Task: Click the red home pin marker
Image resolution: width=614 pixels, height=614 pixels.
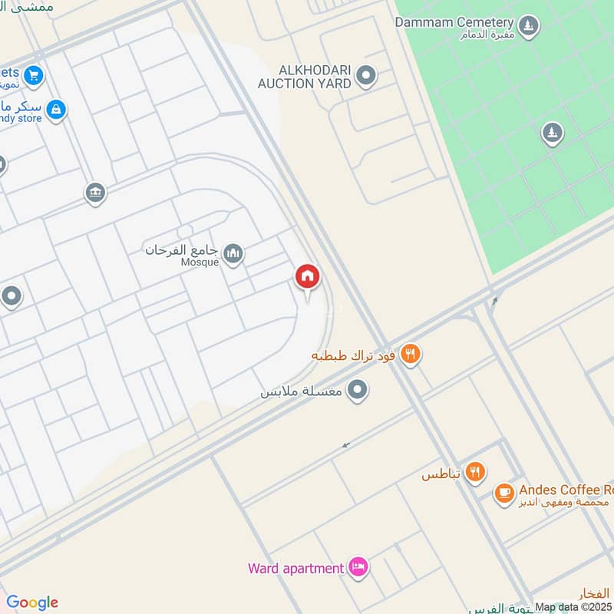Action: point(308,277)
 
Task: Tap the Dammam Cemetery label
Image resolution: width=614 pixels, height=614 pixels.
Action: point(453,22)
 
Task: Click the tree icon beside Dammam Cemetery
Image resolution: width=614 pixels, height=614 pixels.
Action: point(527,28)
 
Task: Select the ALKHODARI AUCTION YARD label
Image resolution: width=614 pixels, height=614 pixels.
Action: point(304,76)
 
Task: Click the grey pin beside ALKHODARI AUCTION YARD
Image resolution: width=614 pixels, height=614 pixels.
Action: point(367,75)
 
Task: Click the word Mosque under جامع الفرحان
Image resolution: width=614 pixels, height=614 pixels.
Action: point(200,262)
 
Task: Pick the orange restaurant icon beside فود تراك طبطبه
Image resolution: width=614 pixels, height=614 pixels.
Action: point(411,355)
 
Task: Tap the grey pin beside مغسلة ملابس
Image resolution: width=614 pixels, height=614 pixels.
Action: point(357,391)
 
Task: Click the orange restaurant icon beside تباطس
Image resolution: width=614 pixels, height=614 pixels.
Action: point(476,473)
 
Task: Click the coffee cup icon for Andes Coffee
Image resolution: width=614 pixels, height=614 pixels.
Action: point(503,494)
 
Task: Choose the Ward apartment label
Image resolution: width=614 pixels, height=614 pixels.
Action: point(295,569)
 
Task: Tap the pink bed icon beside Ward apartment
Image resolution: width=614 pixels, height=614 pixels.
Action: point(358,568)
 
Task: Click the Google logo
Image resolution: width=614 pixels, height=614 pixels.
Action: point(32,602)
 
